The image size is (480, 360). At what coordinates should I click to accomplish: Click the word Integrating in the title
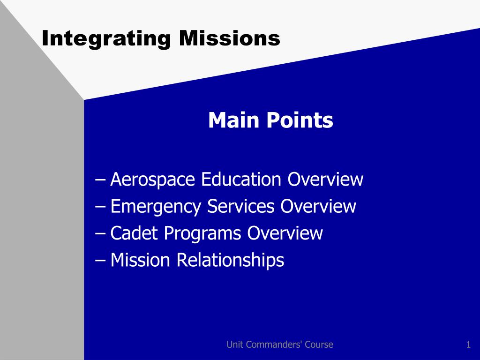click(x=106, y=39)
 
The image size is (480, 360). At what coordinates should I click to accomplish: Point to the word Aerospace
click(x=152, y=180)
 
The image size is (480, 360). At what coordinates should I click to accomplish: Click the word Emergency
click(x=156, y=207)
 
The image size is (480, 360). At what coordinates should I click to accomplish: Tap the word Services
click(x=240, y=206)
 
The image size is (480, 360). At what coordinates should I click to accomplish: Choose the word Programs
click(x=202, y=234)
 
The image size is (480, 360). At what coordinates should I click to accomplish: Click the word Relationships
click(x=230, y=260)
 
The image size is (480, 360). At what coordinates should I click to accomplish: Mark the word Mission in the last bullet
click(x=140, y=260)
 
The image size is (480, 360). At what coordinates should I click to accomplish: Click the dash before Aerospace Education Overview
click(x=100, y=180)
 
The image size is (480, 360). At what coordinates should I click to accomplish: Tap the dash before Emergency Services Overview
click(x=100, y=207)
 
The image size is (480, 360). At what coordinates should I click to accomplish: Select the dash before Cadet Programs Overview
click(x=100, y=234)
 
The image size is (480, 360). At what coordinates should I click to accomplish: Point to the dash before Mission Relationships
click(x=100, y=261)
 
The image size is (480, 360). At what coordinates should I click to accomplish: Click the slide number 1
click(x=468, y=345)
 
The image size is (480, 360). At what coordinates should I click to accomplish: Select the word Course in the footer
click(x=319, y=345)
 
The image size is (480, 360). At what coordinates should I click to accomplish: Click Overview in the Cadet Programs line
click(x=285, y=233)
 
